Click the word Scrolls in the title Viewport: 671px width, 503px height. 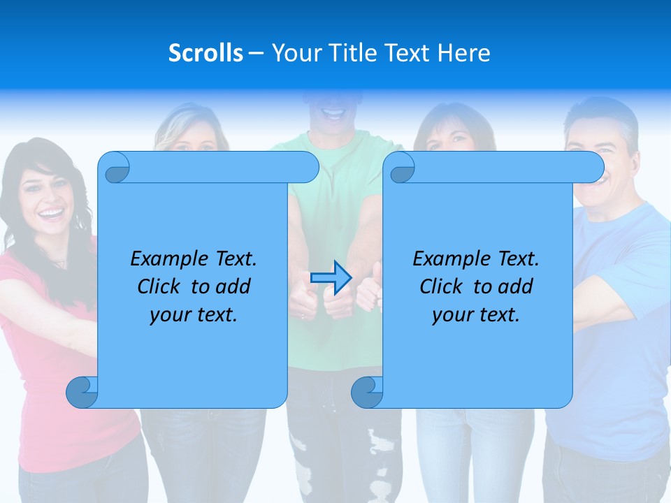pos(205,53)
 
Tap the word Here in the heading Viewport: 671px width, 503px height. pos(464,53)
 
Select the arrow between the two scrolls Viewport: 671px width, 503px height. pos(331,278)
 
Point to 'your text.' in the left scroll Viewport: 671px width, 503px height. pos(194,315)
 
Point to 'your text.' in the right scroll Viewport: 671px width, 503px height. pos(476,315)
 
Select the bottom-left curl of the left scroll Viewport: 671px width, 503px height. pos(82,393)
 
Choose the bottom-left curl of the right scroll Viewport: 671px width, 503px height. pos(367,393)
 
